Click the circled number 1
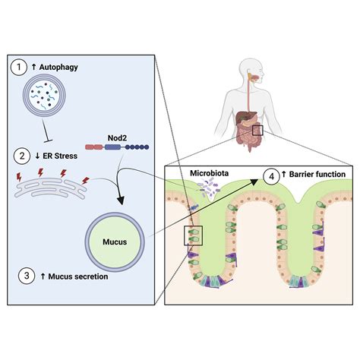coord(19,68)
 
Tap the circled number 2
coord(22,156)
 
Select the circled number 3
coord(27,276)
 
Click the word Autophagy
coord(58,68)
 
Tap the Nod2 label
coord(117,138)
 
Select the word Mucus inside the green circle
coord(115,242)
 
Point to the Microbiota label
coord(210,173)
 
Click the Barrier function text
coord(317,175)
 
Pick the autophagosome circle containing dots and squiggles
coord(45,96)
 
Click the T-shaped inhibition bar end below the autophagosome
coord(49,141)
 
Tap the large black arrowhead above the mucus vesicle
coord(121,200)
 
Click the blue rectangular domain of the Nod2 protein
coord(112,147)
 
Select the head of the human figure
coord(251,70)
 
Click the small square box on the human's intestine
coord(257,130)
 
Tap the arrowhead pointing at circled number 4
coord(254,181)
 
